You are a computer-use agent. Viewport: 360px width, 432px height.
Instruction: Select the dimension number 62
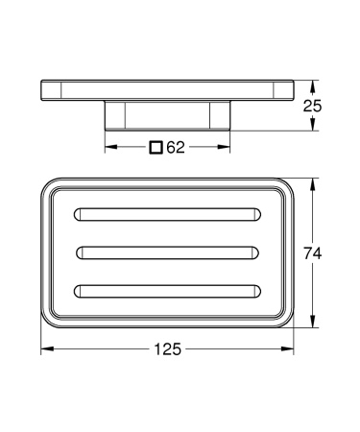[175, 148]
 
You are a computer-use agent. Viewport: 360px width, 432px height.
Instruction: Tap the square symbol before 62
[156, 148]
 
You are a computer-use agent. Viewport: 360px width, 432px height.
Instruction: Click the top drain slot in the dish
[168, 212]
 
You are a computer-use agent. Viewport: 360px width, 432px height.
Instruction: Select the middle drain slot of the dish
[168, 252]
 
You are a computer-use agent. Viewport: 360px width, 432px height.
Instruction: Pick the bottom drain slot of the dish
[168, 291]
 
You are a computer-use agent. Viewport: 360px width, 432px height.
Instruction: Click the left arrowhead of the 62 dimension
[108, 148]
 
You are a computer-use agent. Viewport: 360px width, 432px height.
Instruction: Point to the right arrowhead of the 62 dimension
[228, 148]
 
